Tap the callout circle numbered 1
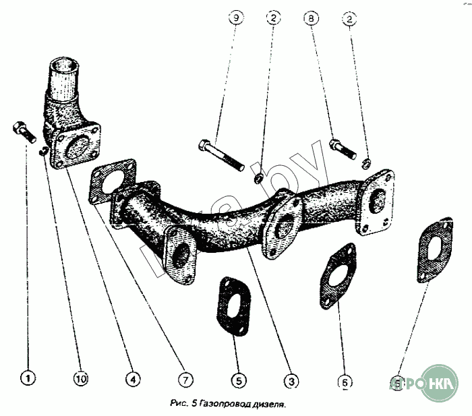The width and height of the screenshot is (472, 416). point(28,378)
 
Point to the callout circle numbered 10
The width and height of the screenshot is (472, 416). point(80,380)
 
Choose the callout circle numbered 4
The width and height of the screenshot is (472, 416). point(134,380)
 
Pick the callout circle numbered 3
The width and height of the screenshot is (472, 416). point(291,382)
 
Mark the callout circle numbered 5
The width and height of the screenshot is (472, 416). point(237,381)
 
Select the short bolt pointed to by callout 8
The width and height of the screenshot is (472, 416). point(343,148)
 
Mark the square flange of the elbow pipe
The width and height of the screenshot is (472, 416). point(78,149)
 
